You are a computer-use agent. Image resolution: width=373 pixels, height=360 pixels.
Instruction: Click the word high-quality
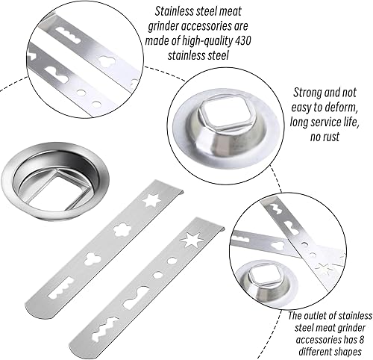tap(207, 41)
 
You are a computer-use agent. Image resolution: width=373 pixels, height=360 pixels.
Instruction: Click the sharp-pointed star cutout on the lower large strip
tap(192, 240)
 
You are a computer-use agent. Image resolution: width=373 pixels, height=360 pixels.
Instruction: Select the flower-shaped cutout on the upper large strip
tap(122, 229)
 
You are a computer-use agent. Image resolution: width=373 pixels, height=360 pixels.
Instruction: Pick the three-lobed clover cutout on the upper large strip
tap(93, 258)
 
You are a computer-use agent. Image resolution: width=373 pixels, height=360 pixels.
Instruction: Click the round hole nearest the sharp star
tap(171, 261)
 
